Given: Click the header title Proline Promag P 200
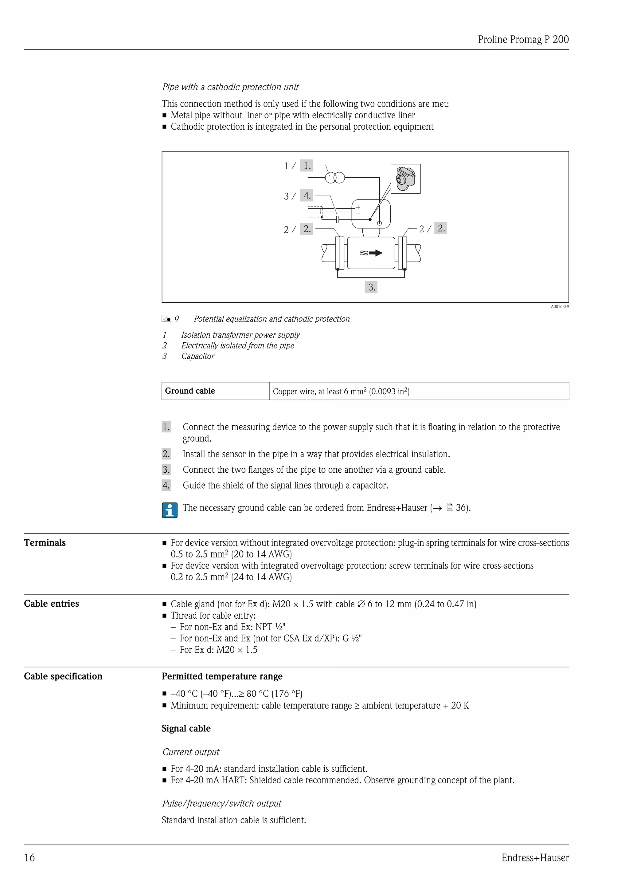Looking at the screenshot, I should coord(523,40).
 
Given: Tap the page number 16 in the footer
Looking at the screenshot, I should coord(29,857).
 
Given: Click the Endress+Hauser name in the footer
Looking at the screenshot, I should coord(535,857).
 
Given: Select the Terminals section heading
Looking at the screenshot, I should coord(45,543).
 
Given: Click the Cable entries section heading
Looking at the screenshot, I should coord(52,604).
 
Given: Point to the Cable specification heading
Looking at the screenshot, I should coord(63,676).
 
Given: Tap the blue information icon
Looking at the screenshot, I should coord(170,510).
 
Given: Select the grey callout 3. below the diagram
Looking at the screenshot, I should coord(371,287).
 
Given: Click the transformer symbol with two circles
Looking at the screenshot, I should coord(335,178).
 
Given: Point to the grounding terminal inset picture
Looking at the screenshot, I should coord(405,179).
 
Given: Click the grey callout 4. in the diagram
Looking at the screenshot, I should coord(307,195).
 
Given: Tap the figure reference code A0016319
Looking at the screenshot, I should coord(560,307).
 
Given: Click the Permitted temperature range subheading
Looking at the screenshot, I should coord(222,676).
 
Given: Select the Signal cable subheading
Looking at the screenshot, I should coord(186,728).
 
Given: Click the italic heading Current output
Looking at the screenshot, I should coord(190,752).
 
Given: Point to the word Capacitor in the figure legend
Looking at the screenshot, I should coord(197,356).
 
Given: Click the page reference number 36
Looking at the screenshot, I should coord(461,508).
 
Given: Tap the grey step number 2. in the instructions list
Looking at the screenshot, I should coord(166,454).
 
